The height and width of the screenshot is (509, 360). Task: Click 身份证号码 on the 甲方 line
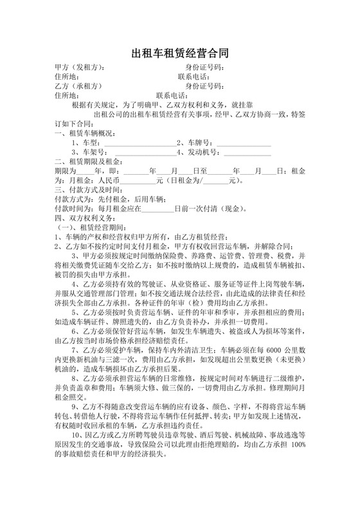coord(204,67)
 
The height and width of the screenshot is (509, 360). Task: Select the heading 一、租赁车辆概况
coord(84,133)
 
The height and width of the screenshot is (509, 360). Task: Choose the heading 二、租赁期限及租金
coord(87,161)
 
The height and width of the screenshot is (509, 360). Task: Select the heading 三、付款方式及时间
coord(87,190)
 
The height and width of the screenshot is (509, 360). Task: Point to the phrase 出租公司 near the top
coord(109,114)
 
